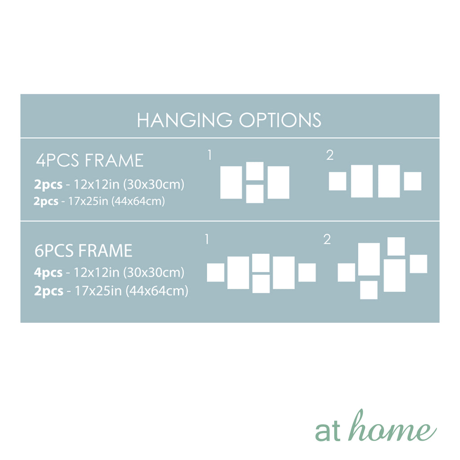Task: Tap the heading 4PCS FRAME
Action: click(x=89, y=160)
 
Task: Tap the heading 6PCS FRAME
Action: click(x=83, y=251)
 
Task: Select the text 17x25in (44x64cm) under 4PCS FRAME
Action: click(x=116, y=201)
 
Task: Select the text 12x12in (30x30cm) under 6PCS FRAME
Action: click(x=129, y=273)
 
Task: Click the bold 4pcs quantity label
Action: click(x=48, y=273)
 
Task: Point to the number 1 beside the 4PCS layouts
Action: click(x=209, y=155)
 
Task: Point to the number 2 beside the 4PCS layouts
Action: click(x=330, y=155)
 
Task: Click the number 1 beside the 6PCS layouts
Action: click(x=207, y=239)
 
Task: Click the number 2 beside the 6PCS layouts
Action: click(x=327, y=239)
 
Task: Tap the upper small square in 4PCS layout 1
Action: click(x=255, y=171)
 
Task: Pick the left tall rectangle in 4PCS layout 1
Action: click(x=231, y=182)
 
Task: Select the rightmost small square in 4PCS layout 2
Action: click(x=412, y=181)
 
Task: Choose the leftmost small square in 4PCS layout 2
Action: click(x=337, y=181)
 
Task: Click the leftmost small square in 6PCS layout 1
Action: click(x=216, y=273)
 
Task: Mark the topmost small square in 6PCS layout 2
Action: click(x=396, y=247)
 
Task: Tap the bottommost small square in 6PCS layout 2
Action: click(x=369, y=290)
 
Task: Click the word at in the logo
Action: click(x=327, y=431)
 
